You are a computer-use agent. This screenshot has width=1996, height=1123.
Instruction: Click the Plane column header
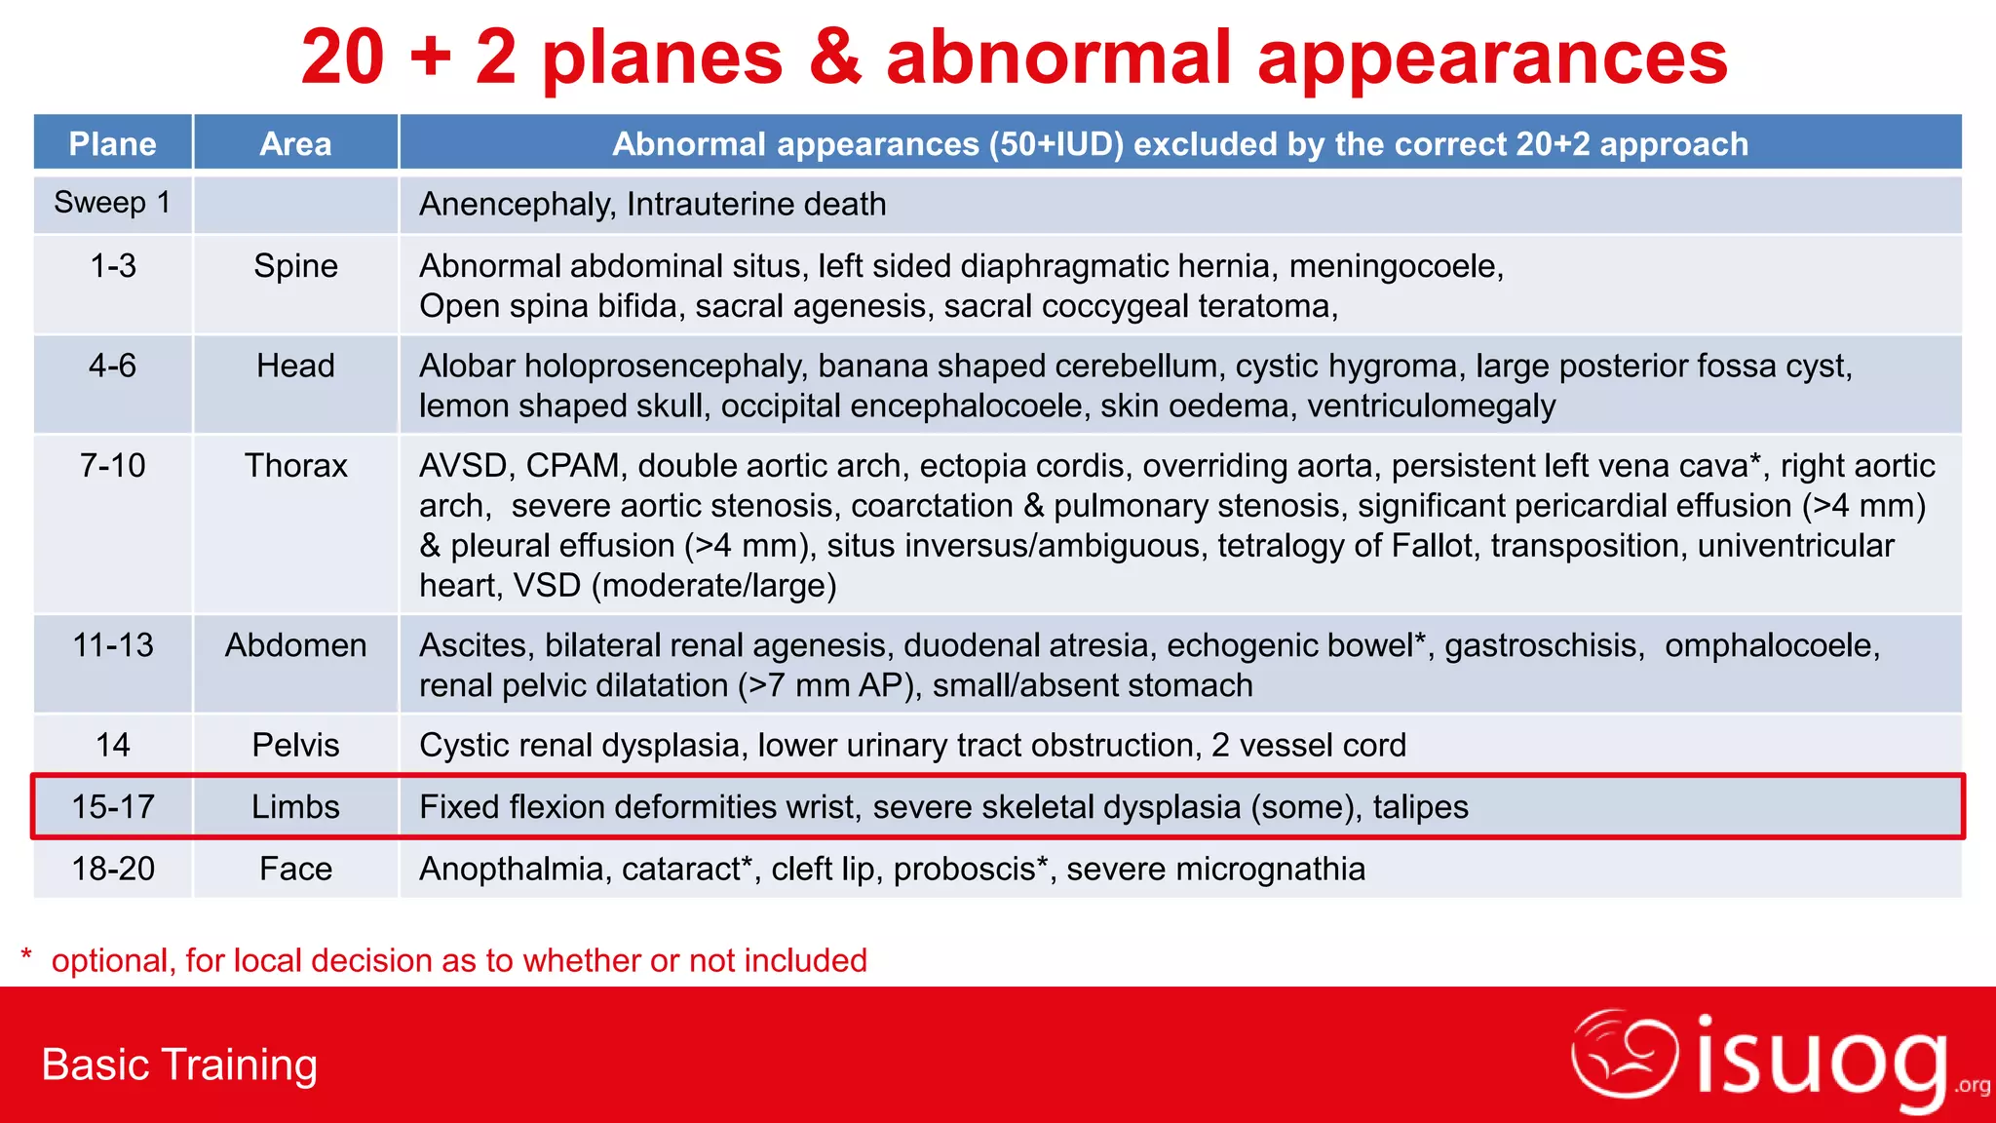click(x=112, y=144)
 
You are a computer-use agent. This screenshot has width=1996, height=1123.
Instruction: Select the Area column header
click(x=295, y=144)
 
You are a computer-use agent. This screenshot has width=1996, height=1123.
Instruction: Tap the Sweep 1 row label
click(x=112, y=203)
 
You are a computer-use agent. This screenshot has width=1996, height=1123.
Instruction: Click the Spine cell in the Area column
click(x=295, y=266)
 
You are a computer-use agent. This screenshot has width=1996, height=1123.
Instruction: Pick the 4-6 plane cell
click(x=112, y=366)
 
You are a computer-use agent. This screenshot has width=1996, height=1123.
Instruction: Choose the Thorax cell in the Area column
click(x=295, y=466)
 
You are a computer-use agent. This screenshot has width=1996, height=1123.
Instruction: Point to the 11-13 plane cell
click(x=113, y=645)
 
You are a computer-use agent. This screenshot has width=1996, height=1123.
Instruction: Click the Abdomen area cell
click(x=295, y=645)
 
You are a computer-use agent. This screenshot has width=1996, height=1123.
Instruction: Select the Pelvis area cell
click(x=295, y=746)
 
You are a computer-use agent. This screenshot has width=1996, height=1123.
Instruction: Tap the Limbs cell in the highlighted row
click(x=295, y=807)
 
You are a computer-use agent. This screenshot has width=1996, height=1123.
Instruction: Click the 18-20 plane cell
click(x=113, y=869)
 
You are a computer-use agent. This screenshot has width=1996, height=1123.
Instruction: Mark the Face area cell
click(x=295, y=869)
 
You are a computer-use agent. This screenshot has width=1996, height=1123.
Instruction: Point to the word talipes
click(x=1420, y=807)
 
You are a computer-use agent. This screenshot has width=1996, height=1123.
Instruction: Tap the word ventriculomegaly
click(x=1431, y=406)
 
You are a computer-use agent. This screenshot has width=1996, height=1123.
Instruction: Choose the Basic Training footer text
click(x=179, y=1065)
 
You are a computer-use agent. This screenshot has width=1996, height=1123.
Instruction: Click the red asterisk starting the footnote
click(x=27, y=955)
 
